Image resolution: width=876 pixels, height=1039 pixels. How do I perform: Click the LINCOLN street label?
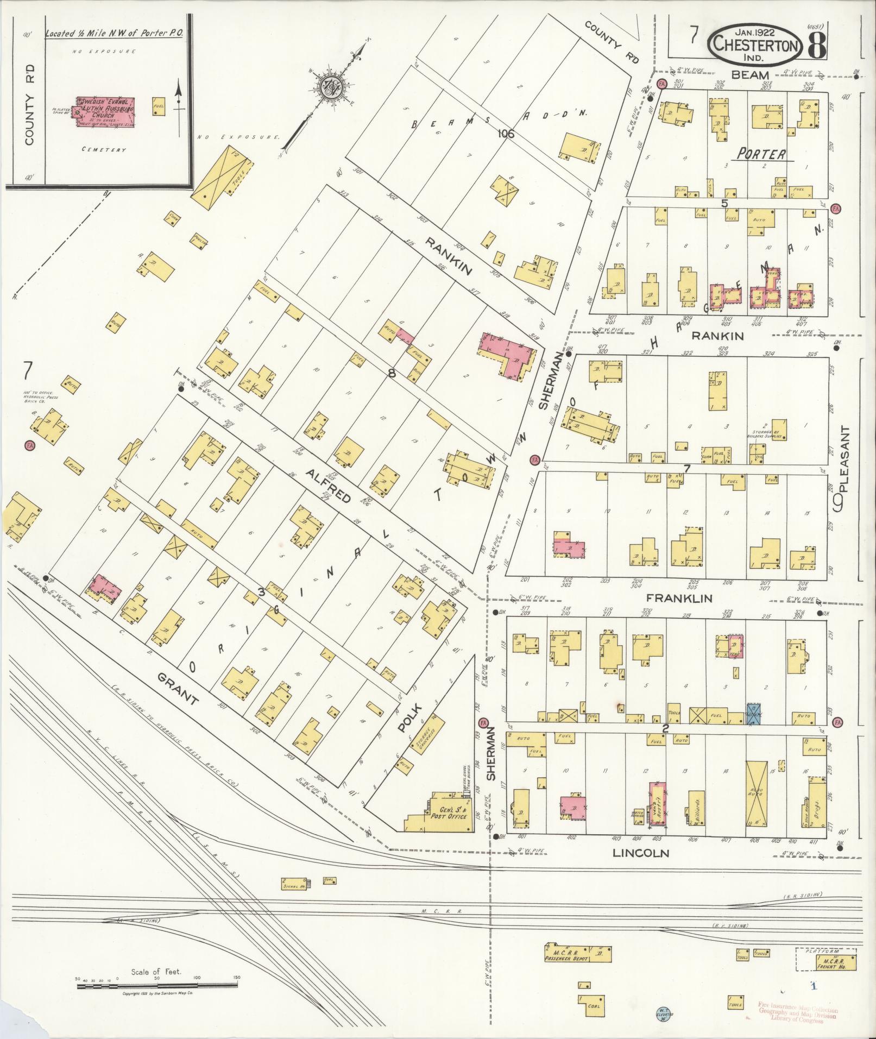click(x=640, y=853)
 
